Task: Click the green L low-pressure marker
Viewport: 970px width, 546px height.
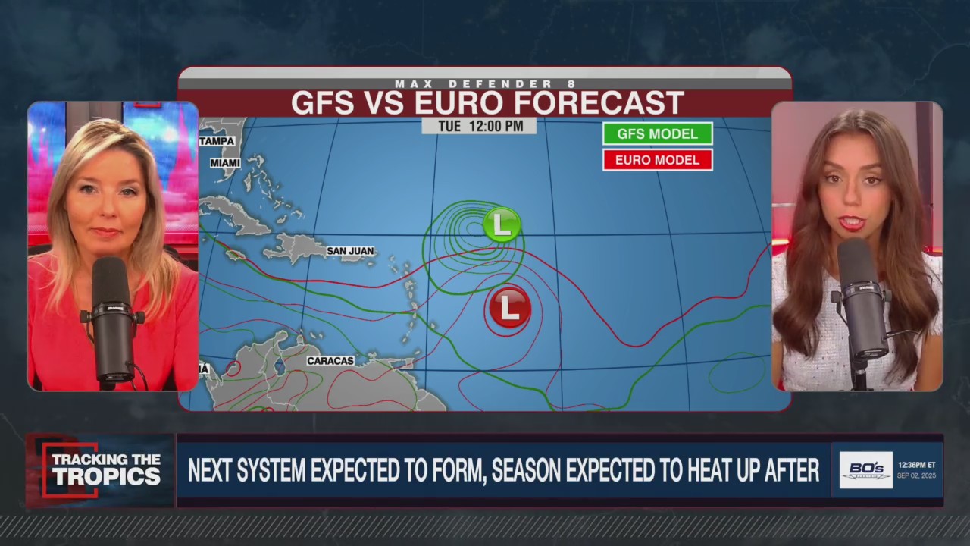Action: pyautogui.click(x=502, y=224)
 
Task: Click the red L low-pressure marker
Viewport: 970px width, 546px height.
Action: pyautogui.click(x=509, y=307)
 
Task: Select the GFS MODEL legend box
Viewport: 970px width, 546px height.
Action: pyautogui.click(x=657, y=133)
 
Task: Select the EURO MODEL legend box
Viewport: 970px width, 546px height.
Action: pyautogui.click(x=657, y=160)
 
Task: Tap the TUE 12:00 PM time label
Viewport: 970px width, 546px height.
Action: pyautogui.click(x=479, y=126)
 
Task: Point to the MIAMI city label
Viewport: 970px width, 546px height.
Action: pyautogui.click(x=225, y=163)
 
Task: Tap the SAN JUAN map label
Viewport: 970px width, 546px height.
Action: pyautogui.click(x=350, y=251)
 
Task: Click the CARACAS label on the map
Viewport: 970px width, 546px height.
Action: pyautogui.click(x=330, y=361)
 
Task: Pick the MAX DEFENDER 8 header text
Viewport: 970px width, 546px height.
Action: pyautogui.click(x=485, y=83)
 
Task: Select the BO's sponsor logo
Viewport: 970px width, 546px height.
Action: pyautogui.click(x=865, y=469)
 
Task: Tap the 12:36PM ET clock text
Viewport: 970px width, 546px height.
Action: pyautogui.click(x=916, y=465)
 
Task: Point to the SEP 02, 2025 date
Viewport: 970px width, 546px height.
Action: pyautogui.click(x=916, y=475)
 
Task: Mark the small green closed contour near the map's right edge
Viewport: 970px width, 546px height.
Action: pyautogui.click(x=736, y=373)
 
